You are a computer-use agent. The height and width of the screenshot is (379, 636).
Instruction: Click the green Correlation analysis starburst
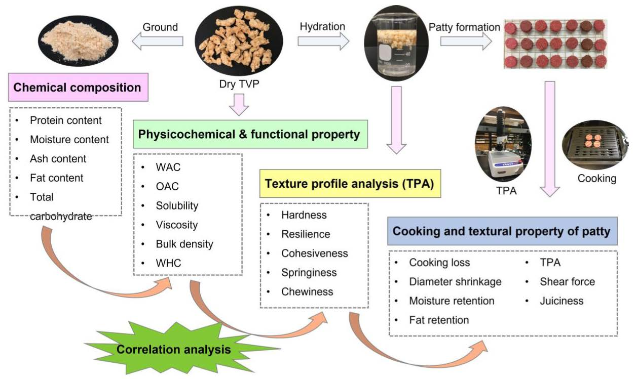(174, 349)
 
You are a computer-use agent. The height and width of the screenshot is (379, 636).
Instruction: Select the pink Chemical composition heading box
(77, 88)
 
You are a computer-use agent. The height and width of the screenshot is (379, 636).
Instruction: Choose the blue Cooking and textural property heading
(502, 231)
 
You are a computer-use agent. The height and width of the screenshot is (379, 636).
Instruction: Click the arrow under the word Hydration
(323, 40)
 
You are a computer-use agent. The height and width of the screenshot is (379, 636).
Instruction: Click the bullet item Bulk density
(184, 244)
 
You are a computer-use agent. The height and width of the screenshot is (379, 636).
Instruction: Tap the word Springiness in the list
(309, 272)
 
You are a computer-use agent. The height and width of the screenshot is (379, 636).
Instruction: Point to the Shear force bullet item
(567, 281)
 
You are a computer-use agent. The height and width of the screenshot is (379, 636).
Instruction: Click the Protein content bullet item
(66, 120)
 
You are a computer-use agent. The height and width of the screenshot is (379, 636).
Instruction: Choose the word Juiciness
(562, 301)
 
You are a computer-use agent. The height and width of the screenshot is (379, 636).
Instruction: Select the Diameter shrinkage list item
(455, 281)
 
